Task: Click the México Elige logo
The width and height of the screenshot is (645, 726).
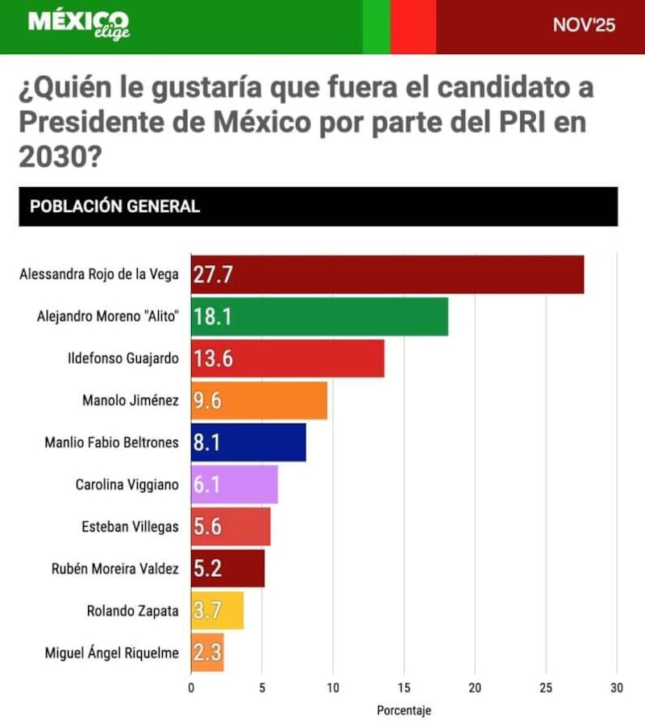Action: tap(78, 24)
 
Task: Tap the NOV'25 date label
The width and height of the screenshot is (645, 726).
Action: tap(584, 25)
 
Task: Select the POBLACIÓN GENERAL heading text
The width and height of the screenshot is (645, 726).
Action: tap(114, 207)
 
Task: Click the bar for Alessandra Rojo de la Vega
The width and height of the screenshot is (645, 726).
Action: tap(387, 274)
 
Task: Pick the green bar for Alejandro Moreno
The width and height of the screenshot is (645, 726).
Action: tap(319, 316)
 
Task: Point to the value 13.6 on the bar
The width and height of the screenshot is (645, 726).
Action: tap(214, 359)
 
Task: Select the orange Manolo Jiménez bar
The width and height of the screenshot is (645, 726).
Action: tap(259, 401)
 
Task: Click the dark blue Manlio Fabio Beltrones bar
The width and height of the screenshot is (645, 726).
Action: tap(248, 443)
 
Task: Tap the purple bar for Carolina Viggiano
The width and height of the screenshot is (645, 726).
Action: tap(234, 485)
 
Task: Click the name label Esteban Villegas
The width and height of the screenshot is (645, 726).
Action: tap(130, 527)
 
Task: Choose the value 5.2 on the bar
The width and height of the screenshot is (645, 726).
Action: tap(207, 570)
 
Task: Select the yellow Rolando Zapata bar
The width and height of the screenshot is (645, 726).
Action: tap(217, 611)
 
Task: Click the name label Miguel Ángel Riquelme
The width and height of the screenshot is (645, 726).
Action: tap(111, 653)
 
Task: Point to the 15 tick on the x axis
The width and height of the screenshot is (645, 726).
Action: tap(404, 687)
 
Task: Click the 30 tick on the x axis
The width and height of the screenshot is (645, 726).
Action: tap(617, 687)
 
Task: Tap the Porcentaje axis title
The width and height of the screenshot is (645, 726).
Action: tap(404, 711)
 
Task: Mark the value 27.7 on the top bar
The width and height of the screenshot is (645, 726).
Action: tap(213, 275)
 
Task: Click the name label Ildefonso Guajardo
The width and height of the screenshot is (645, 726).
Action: tap(123, 359)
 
